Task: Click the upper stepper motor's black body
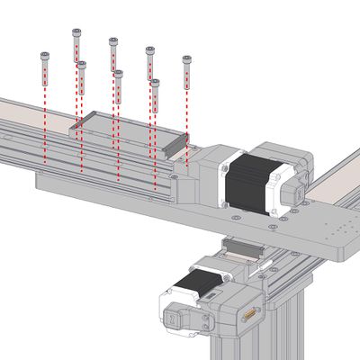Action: coord(247,184)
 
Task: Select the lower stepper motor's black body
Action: coord(194,290)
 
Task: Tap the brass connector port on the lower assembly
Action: coord(248,315)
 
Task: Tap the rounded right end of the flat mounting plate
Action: coord(346,243)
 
